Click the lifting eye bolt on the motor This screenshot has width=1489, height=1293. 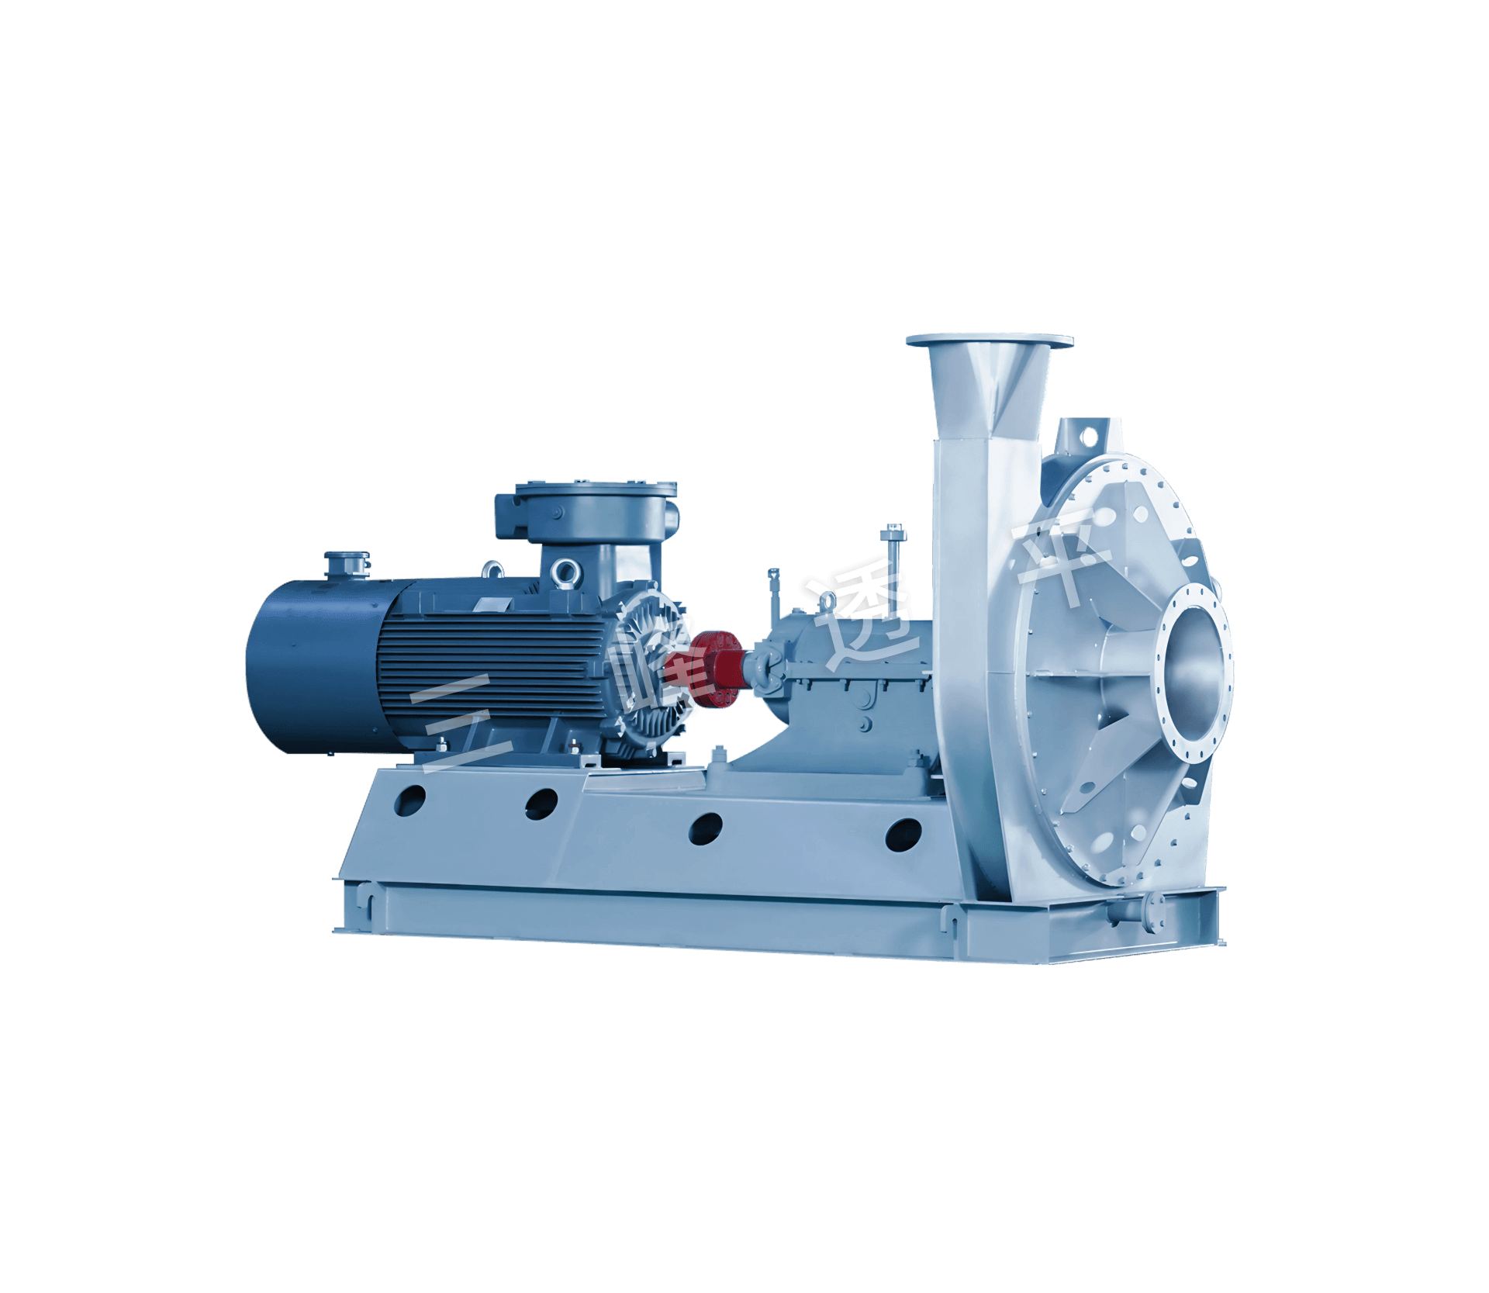561,574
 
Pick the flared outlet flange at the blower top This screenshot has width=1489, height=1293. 990,342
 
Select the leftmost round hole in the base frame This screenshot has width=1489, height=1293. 412,799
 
